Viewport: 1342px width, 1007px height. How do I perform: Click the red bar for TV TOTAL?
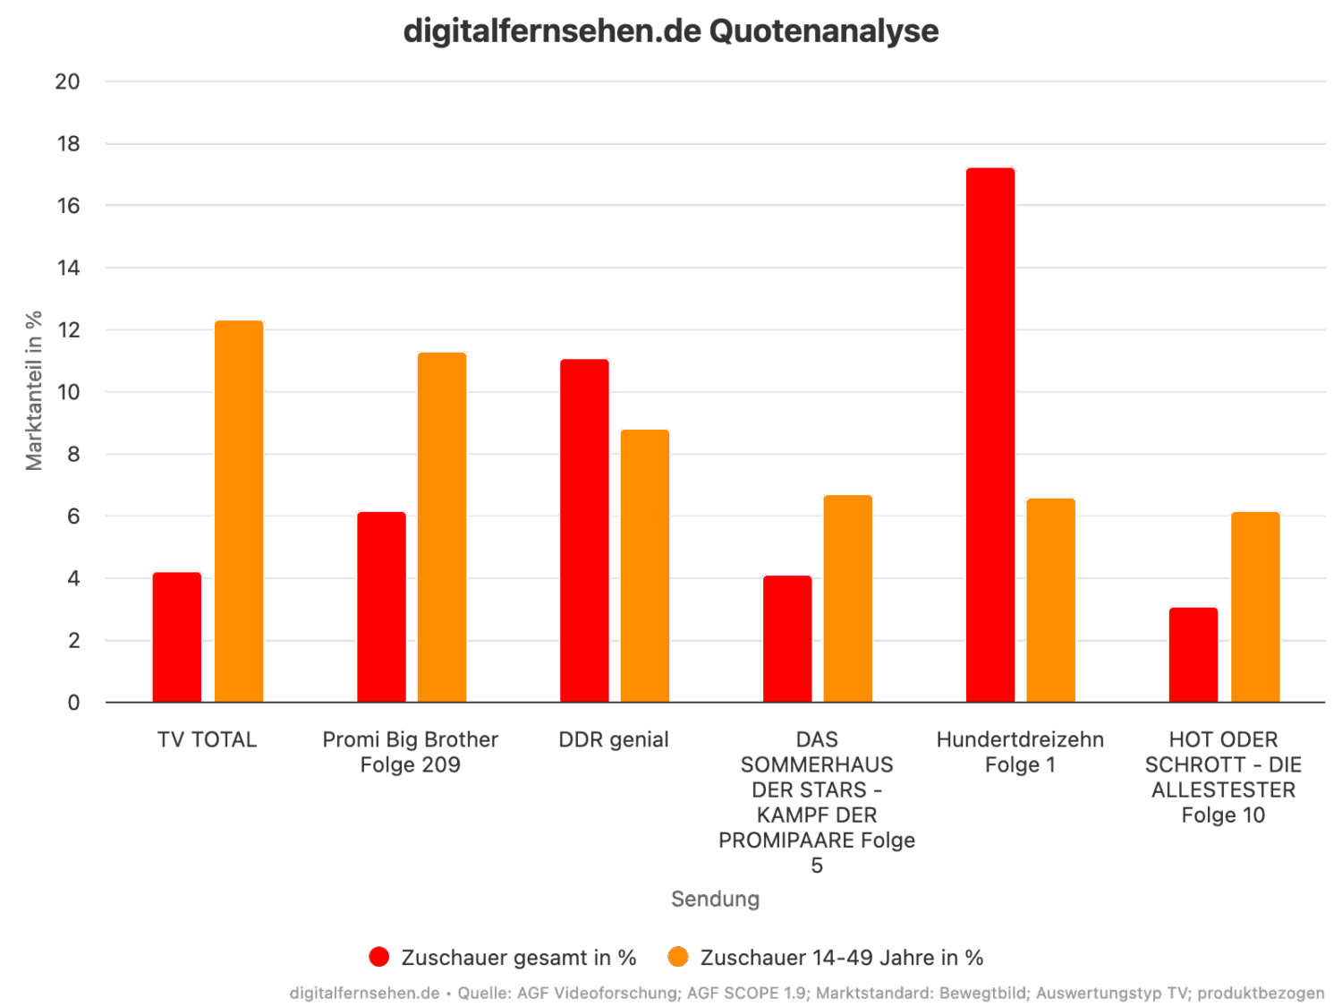click(x=177, y=636)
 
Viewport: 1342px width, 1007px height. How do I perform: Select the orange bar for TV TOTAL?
click(x=239, y=511)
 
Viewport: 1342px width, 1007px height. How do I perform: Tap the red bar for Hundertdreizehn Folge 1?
click(x=990, y=435)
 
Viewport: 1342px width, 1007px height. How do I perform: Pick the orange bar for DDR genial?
click(x=645, y=566)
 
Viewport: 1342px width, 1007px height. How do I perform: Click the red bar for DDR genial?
click(x=584, y=531)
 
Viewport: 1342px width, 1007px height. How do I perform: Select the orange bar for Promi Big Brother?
click(x=442, y=527)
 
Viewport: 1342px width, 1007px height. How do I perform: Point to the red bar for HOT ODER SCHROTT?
click(x=1193, y=654)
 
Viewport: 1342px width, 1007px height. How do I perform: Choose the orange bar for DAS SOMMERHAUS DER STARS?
click(x=848, y=598)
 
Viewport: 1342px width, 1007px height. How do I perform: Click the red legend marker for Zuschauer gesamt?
click(x=379, y=957)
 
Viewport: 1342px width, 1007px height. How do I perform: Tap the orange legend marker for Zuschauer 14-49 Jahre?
click(x=679, y=957)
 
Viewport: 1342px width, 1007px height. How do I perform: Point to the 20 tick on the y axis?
click(x=67, y=81)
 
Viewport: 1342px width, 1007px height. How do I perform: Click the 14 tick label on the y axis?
click(x=67, y=268)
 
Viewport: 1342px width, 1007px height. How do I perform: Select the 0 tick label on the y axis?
click(x=73, y=703)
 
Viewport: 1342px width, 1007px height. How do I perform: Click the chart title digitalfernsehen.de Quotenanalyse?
click(x=671, y=31)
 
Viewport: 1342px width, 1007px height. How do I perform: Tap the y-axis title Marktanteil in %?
click(x=34, y=390)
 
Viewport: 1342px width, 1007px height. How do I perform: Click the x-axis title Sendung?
click(x=715, y=899)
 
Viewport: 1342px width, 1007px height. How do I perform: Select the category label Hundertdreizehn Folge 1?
click(x=1020, y=752)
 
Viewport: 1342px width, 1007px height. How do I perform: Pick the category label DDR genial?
click(x=614, y=740)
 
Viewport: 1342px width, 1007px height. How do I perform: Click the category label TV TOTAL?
click(x=207, y=740)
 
